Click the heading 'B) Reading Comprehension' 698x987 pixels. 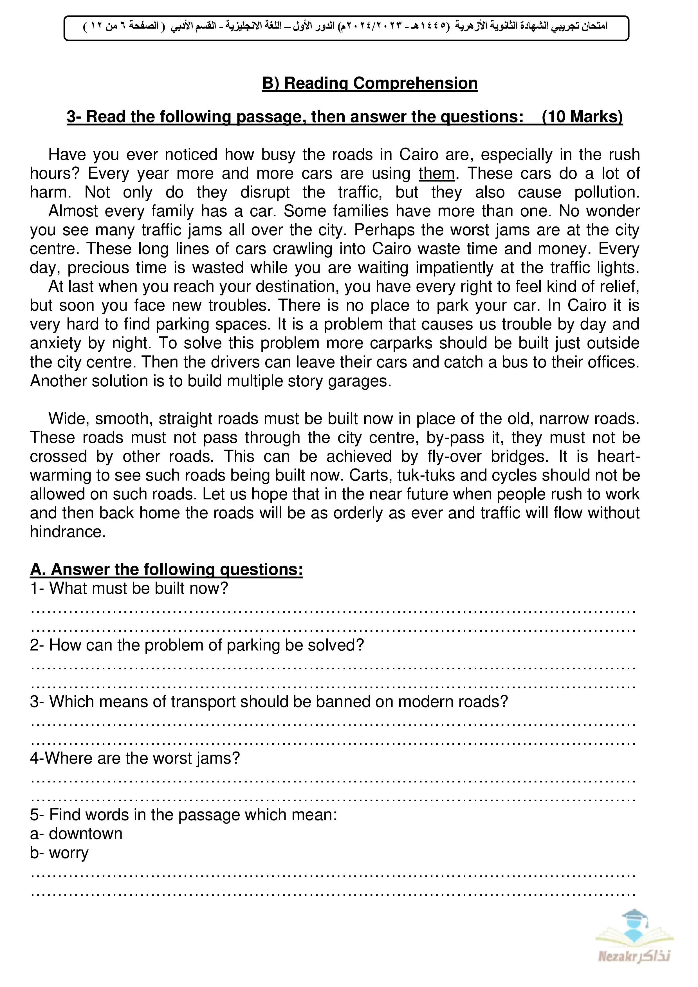point(370,83)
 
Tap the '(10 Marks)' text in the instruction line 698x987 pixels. point(582,117)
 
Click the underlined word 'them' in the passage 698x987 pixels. point(436,174)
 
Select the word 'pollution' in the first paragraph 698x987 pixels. point(606,192)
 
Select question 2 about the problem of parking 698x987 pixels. point(197,645)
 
